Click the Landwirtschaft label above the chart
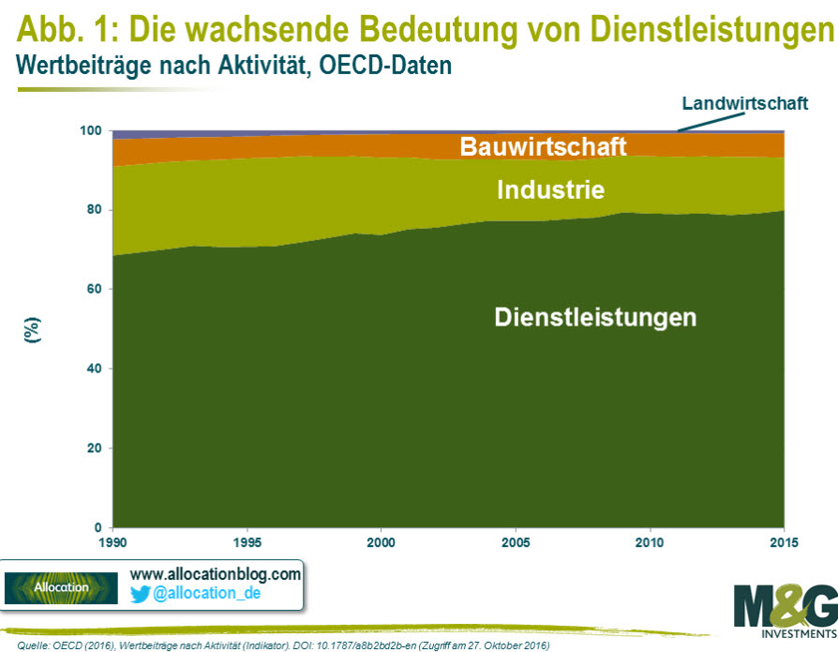coord(744,103)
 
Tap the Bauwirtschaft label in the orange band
coord(543,147)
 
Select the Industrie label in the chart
coord(550,190)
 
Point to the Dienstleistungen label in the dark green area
coord(595,317)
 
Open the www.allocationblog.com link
coord(215,573)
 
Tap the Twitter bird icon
coord(141,593)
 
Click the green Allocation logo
coord(61,587)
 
